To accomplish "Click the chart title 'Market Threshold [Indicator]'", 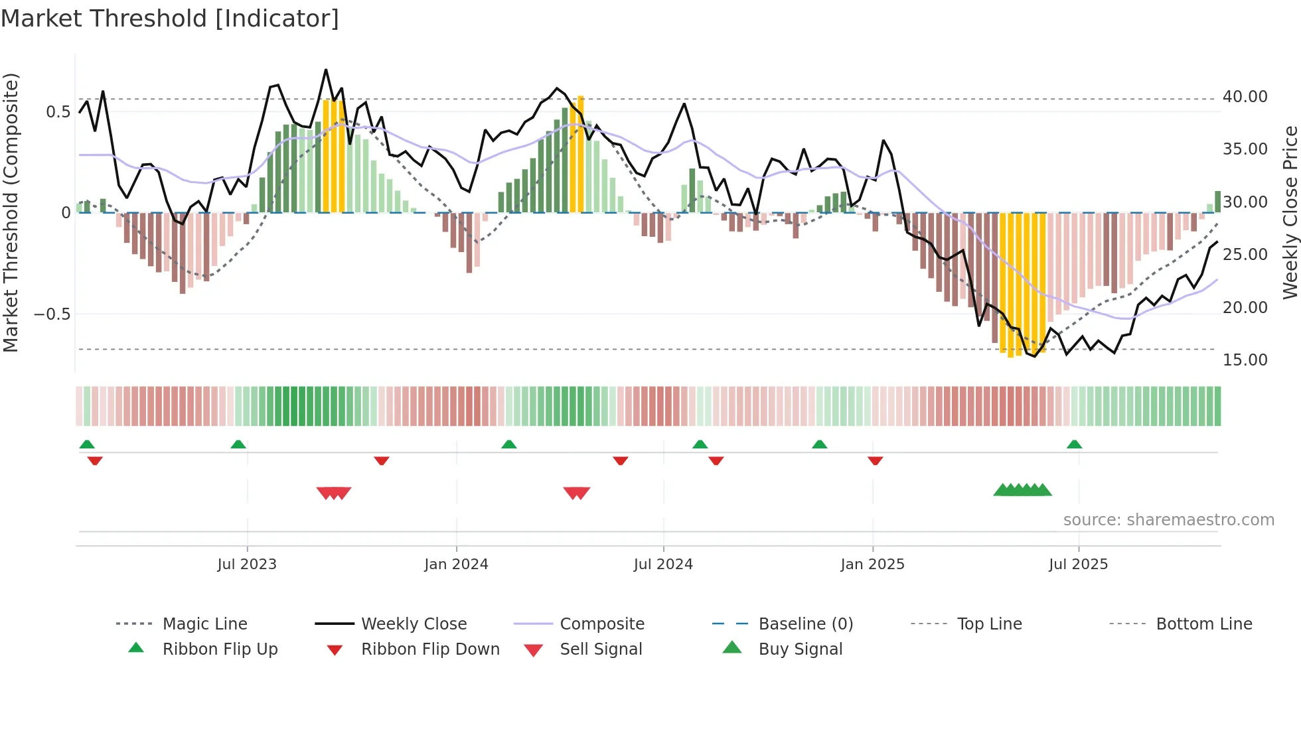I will click(x=170, y=19).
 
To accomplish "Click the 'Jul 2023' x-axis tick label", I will click(x=246, y=565).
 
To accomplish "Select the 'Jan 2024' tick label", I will click(x=456, y=565).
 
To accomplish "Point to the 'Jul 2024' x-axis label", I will click(x=663, y=565).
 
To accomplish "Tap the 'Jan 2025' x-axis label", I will click(x=872, y=565).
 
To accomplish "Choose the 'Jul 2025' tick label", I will click(x=1078, y=565).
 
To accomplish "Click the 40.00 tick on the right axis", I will click(x=1245, y=97).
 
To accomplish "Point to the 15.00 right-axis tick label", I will click(x=1245, y=360).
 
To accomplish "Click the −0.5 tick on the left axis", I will click(x=52, y=314).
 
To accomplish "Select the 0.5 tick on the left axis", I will click(x=58, y=112).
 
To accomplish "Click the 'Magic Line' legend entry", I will click(x=204, y=624).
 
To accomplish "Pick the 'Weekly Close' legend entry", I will click(x=414, y=624).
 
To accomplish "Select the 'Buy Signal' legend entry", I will click(x=800, y=649).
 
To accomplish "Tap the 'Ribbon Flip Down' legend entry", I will click(x=429, y=649).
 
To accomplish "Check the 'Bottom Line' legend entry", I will click(x=1203, y=624).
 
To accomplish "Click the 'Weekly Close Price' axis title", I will click(x=1290, y=212).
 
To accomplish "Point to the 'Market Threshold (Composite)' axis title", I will click(x=11, y=212).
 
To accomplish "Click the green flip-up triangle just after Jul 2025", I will click(x=1074, y=444).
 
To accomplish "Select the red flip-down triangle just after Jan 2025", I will click(x=875, y=460).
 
